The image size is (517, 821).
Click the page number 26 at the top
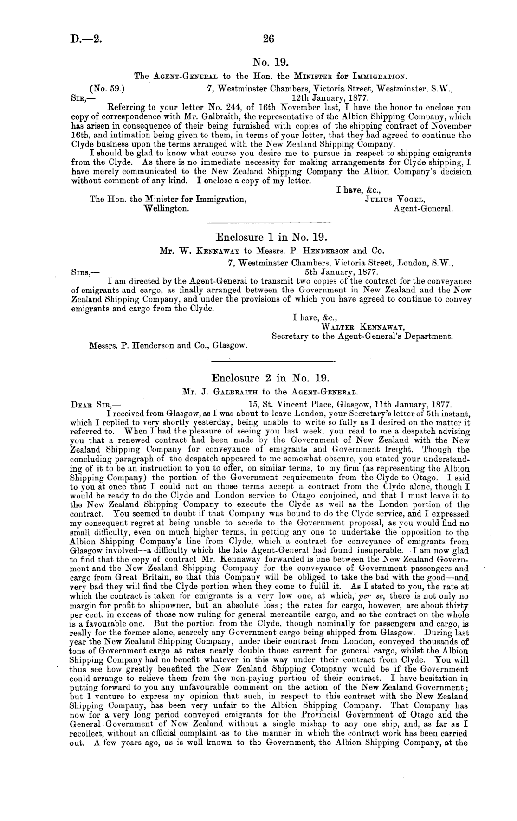[268, 39]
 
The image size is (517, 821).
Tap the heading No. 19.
[271, 62]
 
